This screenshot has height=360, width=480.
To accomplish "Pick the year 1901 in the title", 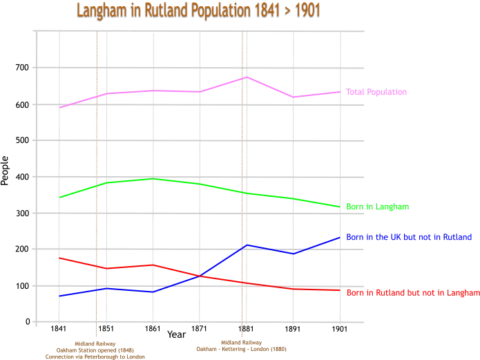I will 307,10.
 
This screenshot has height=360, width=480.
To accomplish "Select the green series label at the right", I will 377,207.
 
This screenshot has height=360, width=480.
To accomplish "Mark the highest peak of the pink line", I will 246,79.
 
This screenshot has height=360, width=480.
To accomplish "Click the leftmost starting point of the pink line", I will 61,107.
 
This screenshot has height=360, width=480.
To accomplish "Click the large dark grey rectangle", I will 176,233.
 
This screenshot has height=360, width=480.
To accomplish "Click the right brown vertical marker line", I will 244,173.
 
